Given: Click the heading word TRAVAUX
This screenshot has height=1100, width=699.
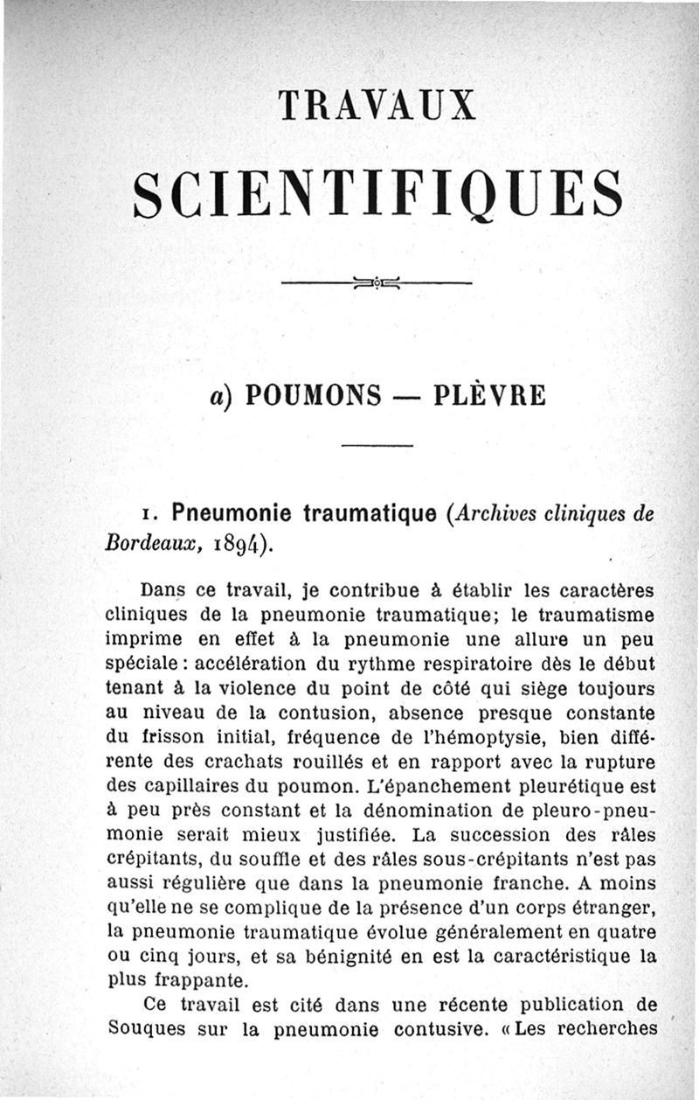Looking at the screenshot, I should point(377,104).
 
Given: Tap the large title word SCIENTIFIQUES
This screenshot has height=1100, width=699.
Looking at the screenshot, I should point(377,193).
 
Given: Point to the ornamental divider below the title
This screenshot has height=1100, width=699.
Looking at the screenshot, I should point(377,282).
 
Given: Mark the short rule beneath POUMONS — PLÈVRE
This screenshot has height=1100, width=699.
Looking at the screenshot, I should point(376,447).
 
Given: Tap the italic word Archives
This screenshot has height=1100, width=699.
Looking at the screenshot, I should point(491,514).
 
